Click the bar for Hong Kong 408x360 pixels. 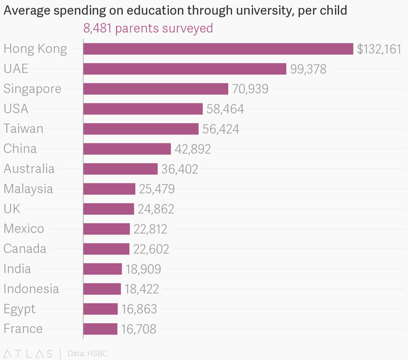(x=218, y=49)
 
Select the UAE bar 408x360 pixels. (x=185, y=69)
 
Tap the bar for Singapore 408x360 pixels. (x=156, y=89)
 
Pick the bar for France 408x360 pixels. (x=101, y=329)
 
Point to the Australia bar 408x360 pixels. (x=120, y=169)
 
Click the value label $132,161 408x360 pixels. (x=379, y=49)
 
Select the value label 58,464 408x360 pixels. (x=225, y=109)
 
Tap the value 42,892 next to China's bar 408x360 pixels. (x=193, y=149)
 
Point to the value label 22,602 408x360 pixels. (x=151, y=249)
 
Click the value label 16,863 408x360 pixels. (x=139, y=309)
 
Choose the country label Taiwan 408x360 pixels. (x=24, y=129)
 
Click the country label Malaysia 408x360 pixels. (x=28, y=189)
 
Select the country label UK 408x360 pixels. (x=12, y=208)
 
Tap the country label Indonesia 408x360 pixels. (x=31, y=289)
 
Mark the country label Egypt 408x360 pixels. (x=20, y=309)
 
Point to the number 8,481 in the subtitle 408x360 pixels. (x=98, y=28)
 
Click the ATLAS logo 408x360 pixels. (x=28, y=354)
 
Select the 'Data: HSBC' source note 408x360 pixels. (x=87, y=354)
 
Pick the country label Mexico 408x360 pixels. (x=24, y=229)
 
